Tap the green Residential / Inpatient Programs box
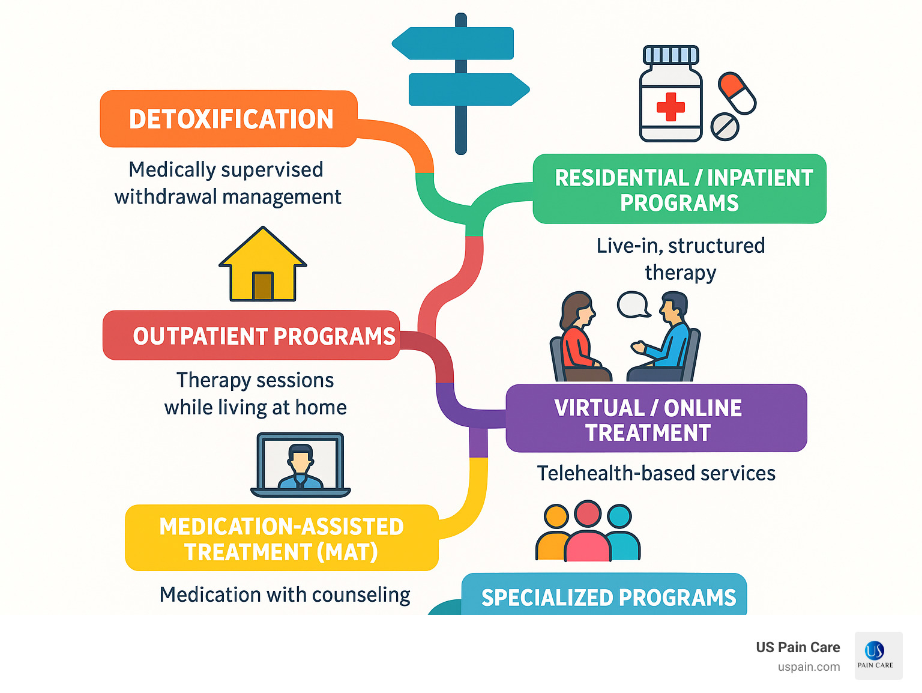coord(679,189)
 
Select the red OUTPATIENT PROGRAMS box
coord(251,336)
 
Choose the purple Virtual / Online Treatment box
coord(656,419)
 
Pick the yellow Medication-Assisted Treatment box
coord(282,538)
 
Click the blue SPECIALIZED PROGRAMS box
coord(604,596)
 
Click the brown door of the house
coord(263,286)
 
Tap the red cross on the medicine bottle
coord(670,107)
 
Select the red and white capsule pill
coord(737,93)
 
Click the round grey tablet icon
coord(725,127)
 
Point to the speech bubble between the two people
coord(633,304)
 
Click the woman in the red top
coord(577,336)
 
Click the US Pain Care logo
coord(878,655)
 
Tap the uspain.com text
coord(809,667)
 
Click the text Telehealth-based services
coord(656,473)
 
